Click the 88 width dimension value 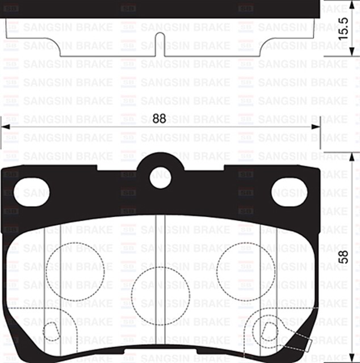tap(160, 119)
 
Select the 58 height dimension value tap(343, 256)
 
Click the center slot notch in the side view tap(160, 44)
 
